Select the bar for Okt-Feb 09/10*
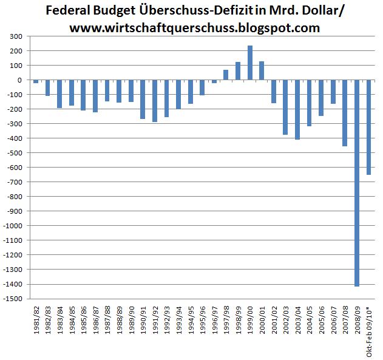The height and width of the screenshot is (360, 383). (368, 127)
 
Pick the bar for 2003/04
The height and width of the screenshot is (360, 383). (297, 110)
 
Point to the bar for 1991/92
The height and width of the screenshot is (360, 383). (155, 101)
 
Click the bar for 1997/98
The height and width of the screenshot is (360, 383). (226, 75)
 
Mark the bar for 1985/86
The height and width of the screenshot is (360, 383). (83, 95)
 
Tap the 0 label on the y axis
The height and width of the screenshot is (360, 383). (20, 80)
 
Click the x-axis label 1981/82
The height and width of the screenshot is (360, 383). (36, 322)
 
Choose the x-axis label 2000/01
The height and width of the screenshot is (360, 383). (262, 322)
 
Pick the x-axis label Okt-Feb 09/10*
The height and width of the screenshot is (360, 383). (368, 331)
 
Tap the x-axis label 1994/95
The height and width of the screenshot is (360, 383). (191, 322)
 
